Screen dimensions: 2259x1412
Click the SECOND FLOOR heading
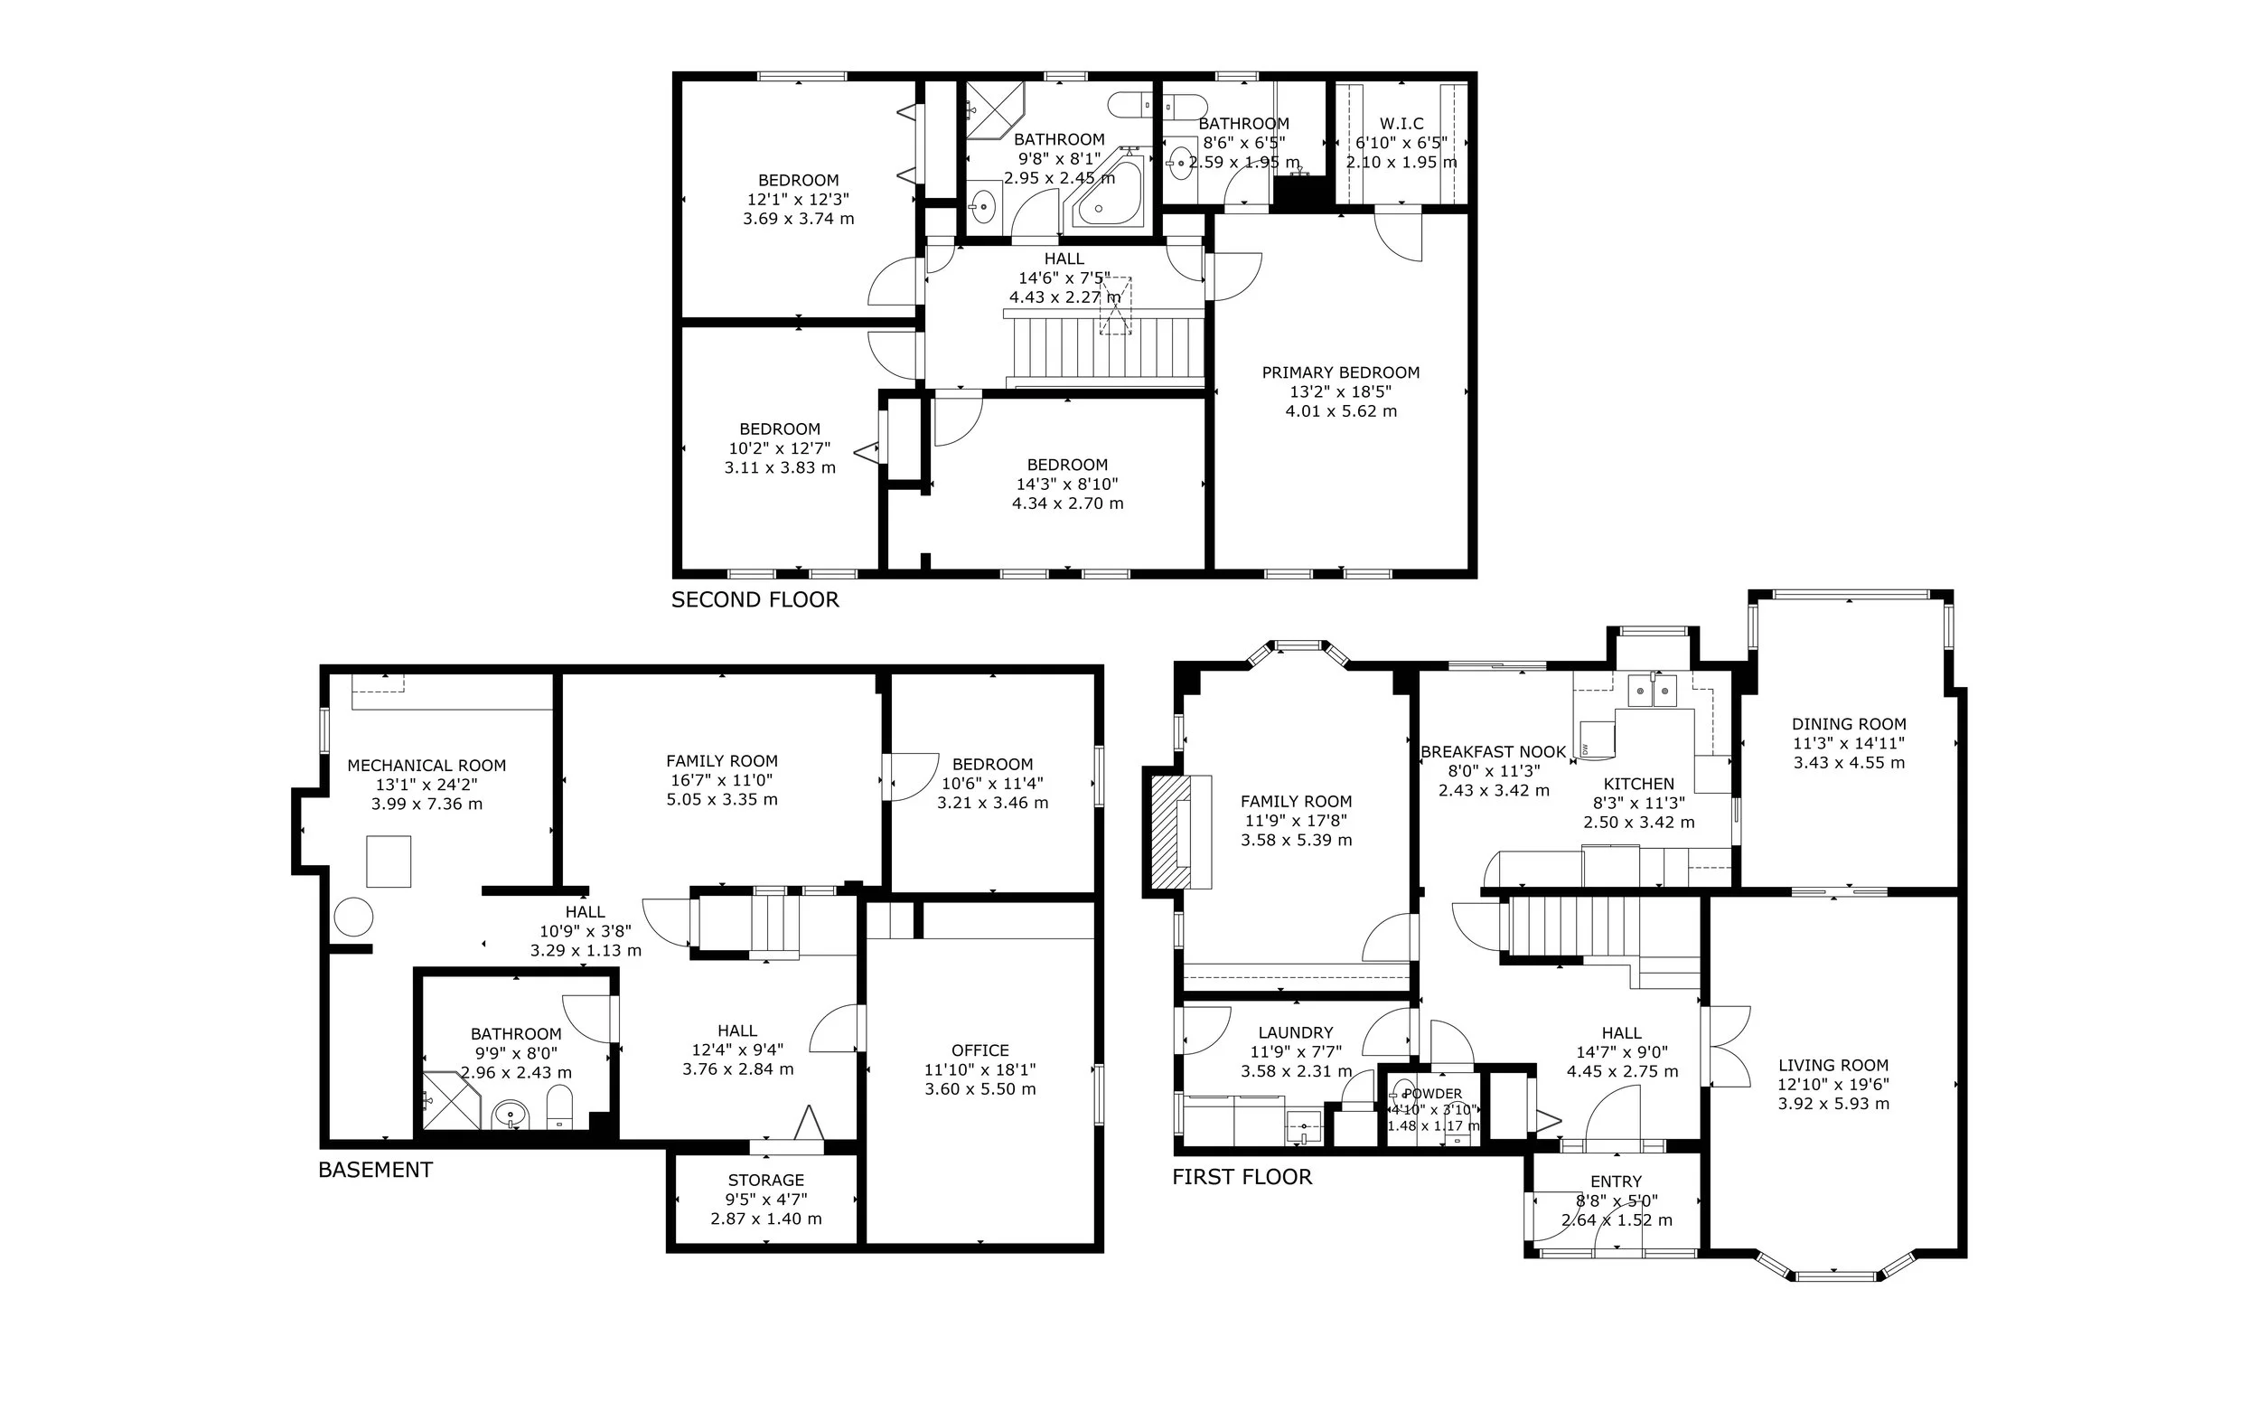(755, 599)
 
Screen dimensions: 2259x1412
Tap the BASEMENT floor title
(375, 1170)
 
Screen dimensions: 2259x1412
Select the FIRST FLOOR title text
(1242, 1177)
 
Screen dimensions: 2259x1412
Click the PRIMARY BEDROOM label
(1340, 372)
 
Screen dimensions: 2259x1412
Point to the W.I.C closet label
(1402, 123)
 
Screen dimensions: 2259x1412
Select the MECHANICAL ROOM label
(426, 766)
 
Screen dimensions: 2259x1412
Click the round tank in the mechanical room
(354, 917)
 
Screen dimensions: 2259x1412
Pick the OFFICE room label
(980, 1050)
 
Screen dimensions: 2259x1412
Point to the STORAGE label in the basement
(765, 1181)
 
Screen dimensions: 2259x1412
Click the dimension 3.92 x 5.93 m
(1833, 1104)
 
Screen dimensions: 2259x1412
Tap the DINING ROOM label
(1848, 724)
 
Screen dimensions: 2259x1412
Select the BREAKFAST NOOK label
(1494, 752)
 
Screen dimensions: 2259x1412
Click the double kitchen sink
(1653, 691)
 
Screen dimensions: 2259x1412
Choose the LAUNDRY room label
(1296, 1033)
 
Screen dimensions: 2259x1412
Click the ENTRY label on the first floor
(1616, 1181)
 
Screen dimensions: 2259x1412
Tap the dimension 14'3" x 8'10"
(1067, 485)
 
